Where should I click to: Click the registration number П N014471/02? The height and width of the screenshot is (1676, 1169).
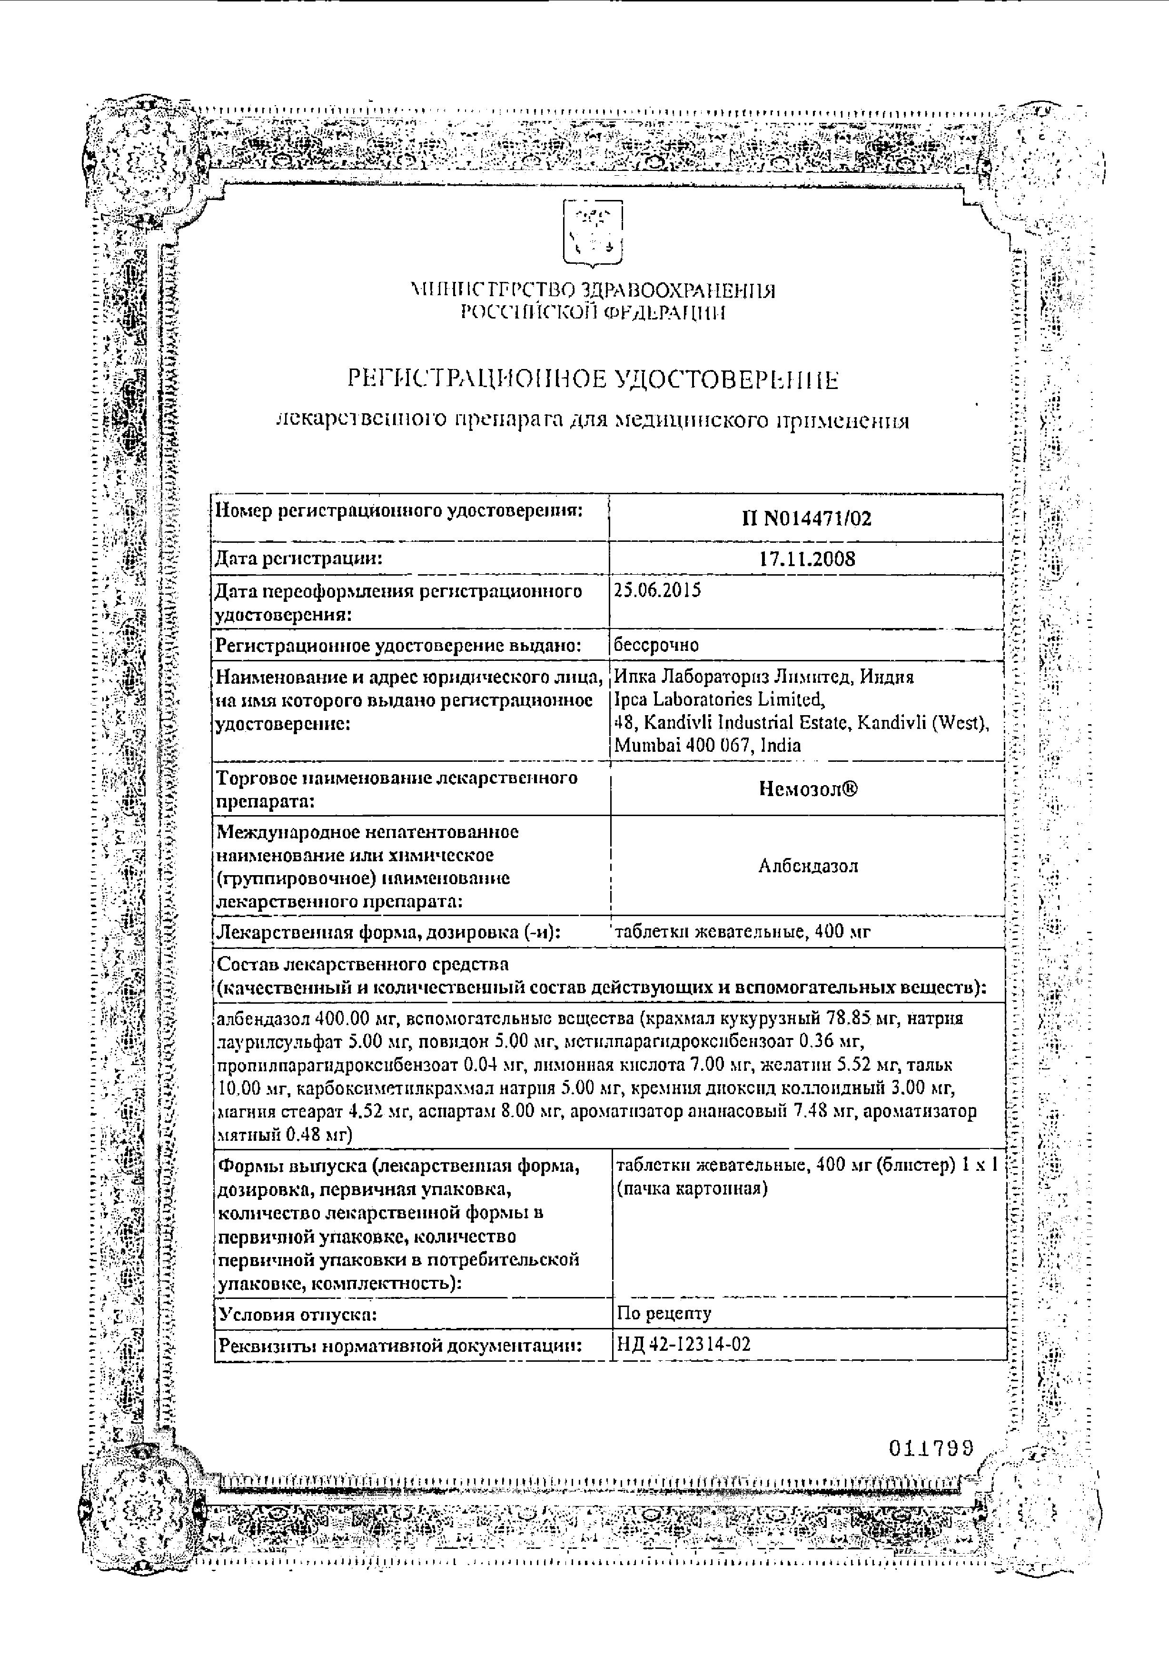tap(806, 519)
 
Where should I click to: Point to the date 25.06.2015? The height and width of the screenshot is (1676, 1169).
tap(657, 590)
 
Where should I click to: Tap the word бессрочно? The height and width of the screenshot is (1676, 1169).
tap(657, 645)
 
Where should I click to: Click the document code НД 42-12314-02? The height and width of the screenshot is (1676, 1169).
tap(684, 1344)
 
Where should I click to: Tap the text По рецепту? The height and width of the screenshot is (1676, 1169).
tap(664, 1313)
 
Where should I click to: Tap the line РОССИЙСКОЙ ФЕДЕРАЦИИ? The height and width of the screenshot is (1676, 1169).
tap(593, 314)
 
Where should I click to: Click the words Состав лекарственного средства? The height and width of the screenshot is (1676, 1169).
tap(363, 964)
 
